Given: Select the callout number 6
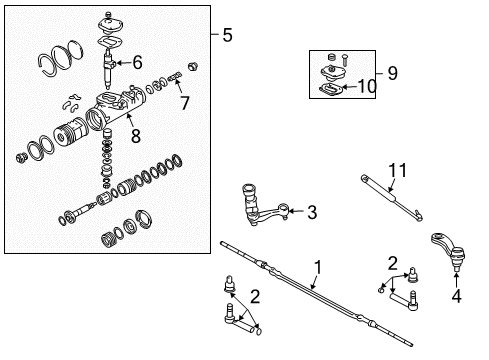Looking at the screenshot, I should coord(138,63).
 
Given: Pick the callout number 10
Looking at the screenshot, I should coord(368,87).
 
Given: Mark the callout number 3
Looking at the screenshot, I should coord(311,211).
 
